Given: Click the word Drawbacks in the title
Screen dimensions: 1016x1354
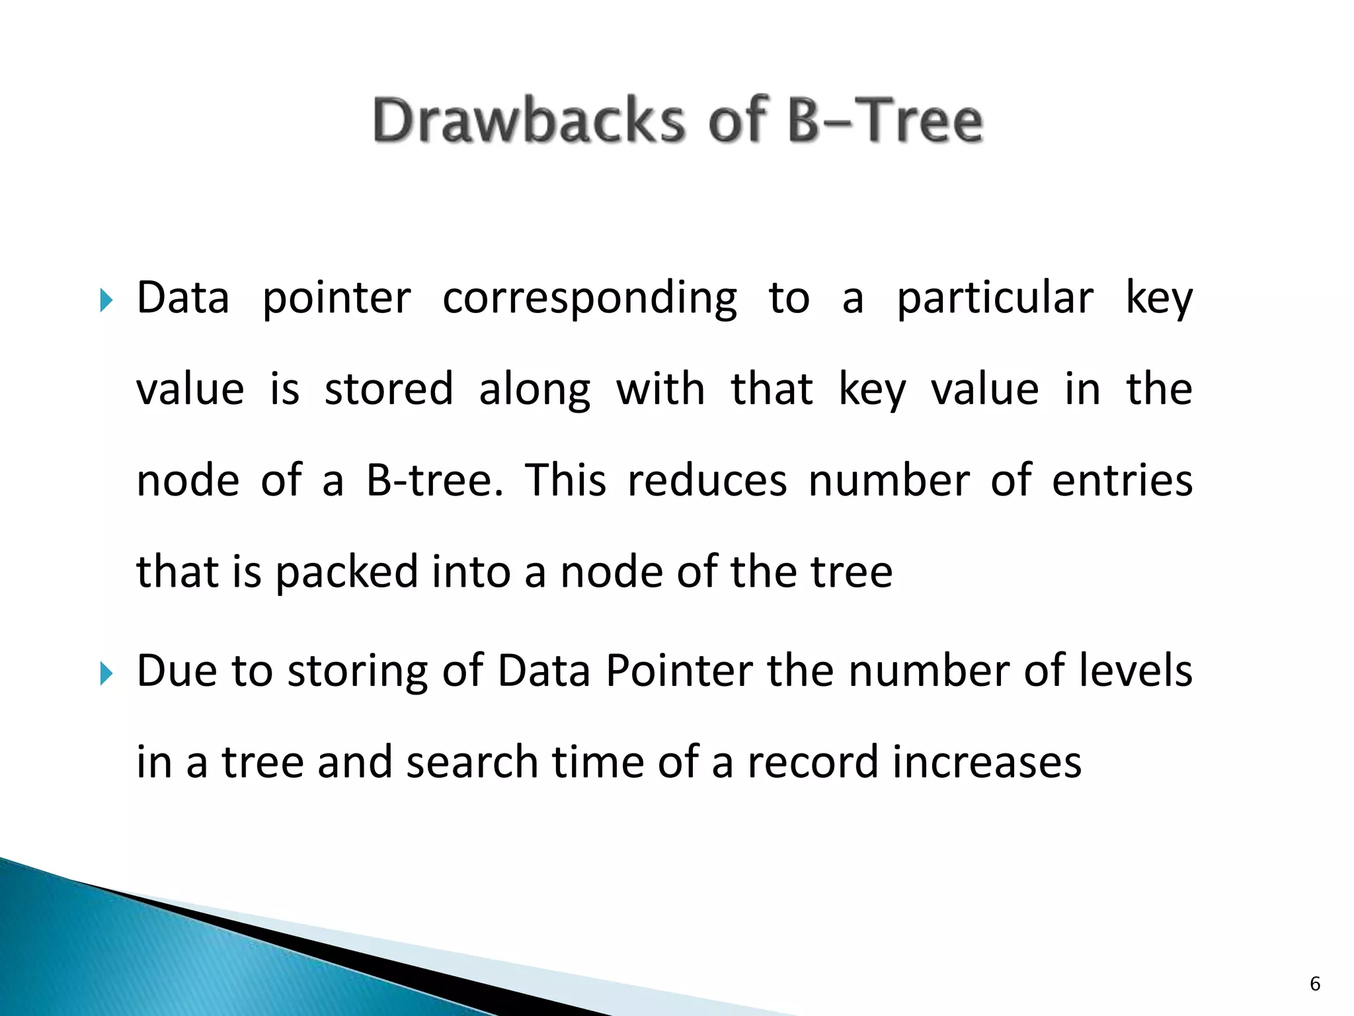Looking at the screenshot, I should pyautogui.click(x=529, y=120).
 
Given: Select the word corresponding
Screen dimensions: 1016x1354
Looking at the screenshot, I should pyautogui.click(x=589, y=299).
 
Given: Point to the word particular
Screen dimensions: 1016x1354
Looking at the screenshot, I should pyautogui.click(x=994, y=299).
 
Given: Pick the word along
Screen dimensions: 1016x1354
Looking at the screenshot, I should pyautogui.click(x=534, y=390).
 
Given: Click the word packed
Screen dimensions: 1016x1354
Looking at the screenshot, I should pyautogui.click(x=346, y=572).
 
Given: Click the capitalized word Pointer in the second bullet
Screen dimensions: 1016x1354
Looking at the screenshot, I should pyautogui.click(x=679, y=671).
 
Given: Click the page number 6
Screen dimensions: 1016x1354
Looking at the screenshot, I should pyautogui.click(x=1314, y=984).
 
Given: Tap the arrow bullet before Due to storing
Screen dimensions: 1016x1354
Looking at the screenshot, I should pyautogui.click(x=106, y=674).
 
